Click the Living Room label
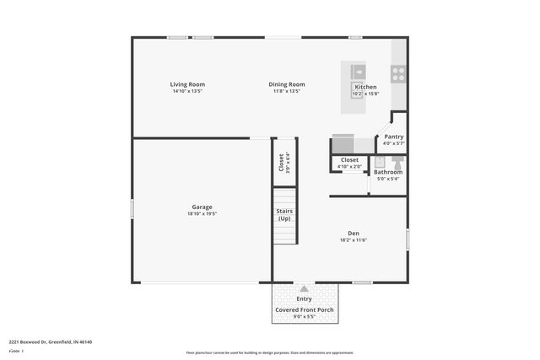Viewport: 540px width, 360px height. (x=187, y=84)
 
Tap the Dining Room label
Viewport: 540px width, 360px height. (x=287, y=84)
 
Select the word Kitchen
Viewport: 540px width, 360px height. (x=365, y=87)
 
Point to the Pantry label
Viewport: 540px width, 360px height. (x=394, y=137)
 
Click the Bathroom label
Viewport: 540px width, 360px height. (x=388, y=172)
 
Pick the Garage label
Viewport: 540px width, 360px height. (x=202, y=207)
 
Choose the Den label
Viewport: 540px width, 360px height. (x=354, y=234)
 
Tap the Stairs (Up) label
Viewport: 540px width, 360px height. (x=284, y=215)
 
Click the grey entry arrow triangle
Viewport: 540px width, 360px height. (x=304, y=288)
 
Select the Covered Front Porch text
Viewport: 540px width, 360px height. (x=304, y=310)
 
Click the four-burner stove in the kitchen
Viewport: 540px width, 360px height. (x=398, y=73)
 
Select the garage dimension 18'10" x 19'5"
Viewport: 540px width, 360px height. (x=202, y=214)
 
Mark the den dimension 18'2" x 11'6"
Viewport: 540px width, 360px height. (x=354, y=240)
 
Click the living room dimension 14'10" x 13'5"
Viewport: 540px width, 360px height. (x=187, y=91)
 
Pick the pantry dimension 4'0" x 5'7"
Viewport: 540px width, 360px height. (x=394, y=143)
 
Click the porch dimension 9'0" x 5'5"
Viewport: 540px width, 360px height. (x=304, y=317)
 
